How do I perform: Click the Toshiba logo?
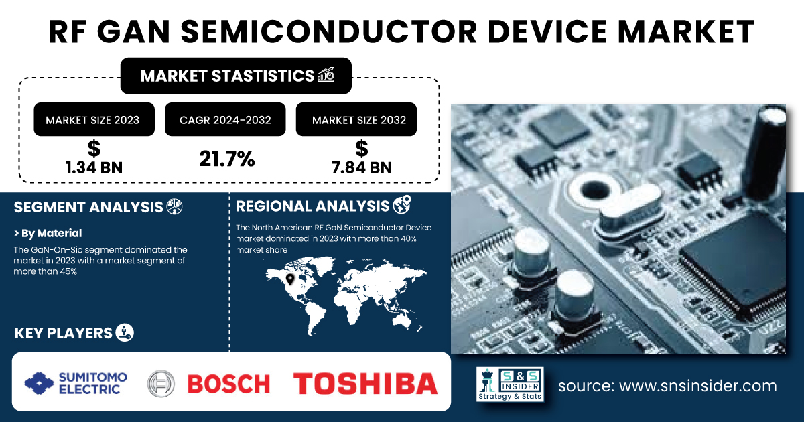pyautogui.click(x=365, y=384)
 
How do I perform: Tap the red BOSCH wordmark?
pyautogui.click(x=228, y=384)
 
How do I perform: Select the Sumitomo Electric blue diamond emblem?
pyautogui.click(x=39, y=383)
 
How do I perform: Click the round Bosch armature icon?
pyautogui.click(x=161, y=384)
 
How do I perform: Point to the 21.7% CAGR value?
pyautogui.click(x=227, y=159)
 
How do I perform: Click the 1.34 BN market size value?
pyautogui.click(x=94, y=167)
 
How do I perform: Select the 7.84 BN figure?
pyautogui.click(x=361, y=167)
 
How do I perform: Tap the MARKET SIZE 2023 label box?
pyautogui.click(x=94, y=119)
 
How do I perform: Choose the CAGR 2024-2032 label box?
pyautogui.click(x=225, y=119)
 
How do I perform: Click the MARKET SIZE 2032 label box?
pyautogui.click(x=356, y=119)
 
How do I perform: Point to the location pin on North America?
pyautogui.click(x=290, y=279)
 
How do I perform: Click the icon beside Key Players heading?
pyautogui.click(x=125, y=332)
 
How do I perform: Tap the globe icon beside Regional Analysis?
pyautogui.click(x=402, y=205)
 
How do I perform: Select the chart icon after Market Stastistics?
pyautogui.click(x=326, y=74)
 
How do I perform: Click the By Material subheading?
pyautogui.click(x=48, y=233)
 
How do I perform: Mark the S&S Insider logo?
pyautogui.click(x=510, y=384)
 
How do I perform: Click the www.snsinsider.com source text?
pyautogui.click(x=698, y=386)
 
